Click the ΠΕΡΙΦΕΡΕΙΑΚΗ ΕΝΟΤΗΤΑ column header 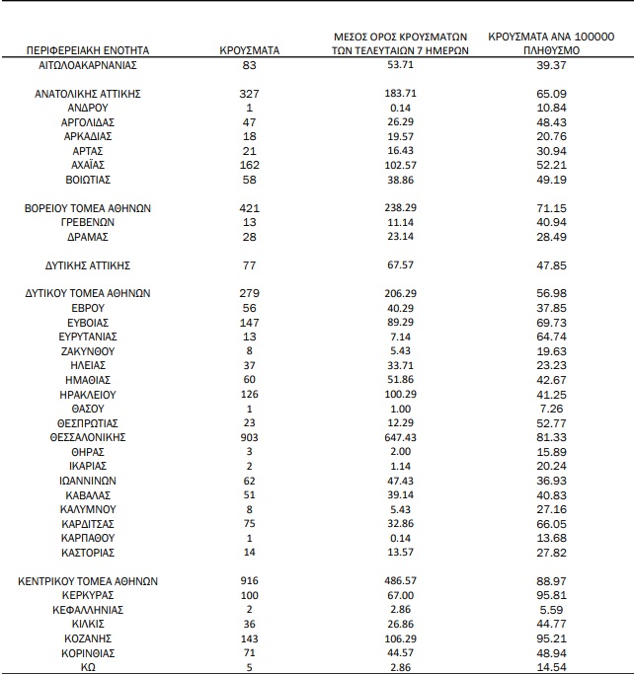[88, 49]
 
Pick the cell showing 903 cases [249, 436]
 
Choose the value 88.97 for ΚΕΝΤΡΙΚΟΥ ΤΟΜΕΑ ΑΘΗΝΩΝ [551, 581]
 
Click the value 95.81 [551, 596]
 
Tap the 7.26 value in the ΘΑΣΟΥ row [551, 408]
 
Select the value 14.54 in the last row [551, 667]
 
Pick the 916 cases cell [249, 581]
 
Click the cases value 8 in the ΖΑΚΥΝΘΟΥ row [249, 350]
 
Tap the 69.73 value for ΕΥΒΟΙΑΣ [551, 323]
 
